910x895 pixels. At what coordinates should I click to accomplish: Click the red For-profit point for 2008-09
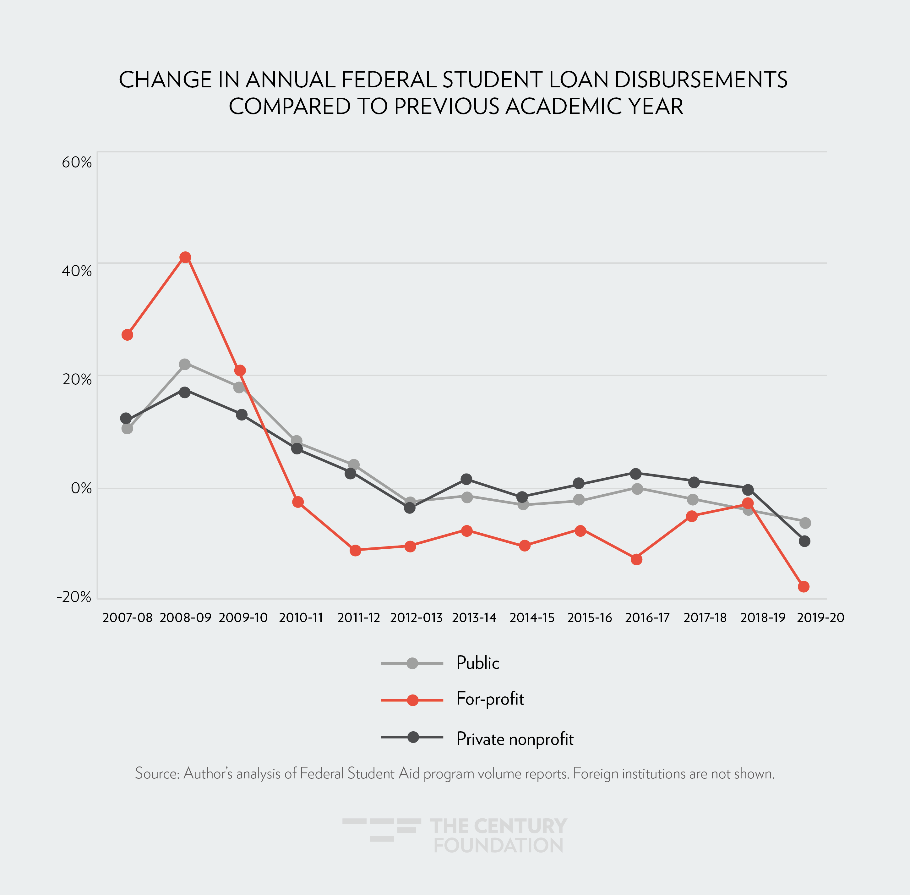185,257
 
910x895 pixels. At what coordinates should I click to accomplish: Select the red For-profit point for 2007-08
127,335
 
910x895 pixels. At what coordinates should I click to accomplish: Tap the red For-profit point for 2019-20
803,586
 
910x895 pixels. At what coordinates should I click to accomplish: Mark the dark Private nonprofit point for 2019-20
804,541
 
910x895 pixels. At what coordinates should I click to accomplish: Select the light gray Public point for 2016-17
637,489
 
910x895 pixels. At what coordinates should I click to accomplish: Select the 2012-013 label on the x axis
416,618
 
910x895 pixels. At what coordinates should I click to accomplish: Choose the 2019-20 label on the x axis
820,618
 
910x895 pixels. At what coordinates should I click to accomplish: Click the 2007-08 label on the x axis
127,618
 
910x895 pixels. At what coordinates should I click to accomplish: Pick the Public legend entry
477,663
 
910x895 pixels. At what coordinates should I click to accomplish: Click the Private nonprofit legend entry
515,739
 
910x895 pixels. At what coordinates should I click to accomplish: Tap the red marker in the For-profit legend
412,700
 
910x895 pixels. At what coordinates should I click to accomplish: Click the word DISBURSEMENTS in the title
701,80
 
